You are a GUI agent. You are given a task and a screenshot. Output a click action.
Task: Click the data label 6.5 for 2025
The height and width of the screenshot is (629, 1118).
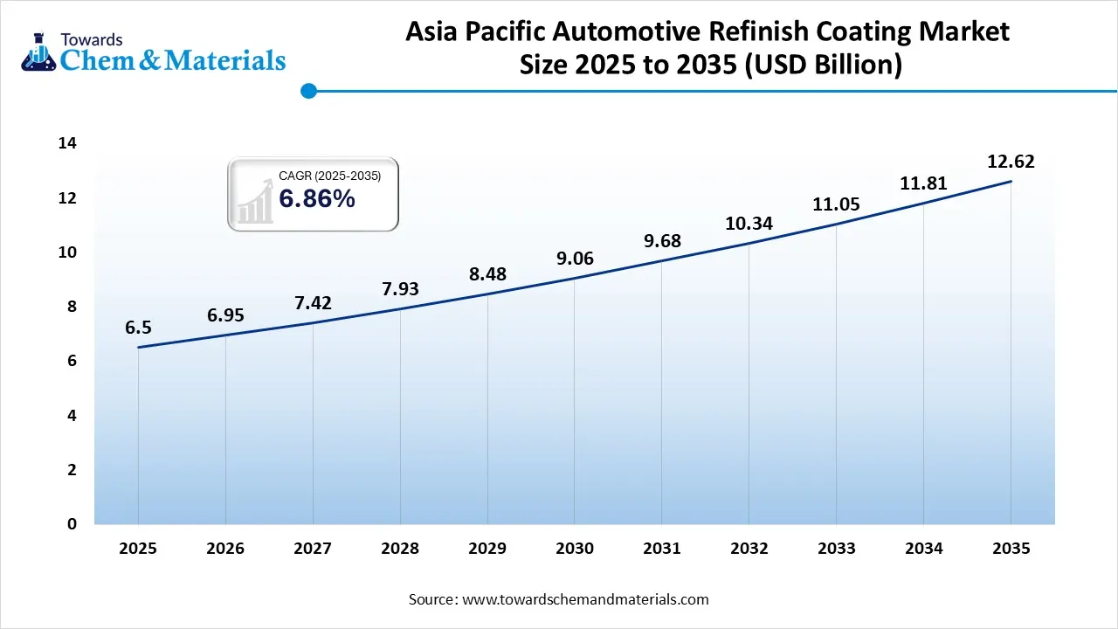click(138, 328)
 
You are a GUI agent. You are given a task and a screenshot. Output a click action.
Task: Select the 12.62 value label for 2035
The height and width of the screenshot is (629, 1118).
click(1011, 162)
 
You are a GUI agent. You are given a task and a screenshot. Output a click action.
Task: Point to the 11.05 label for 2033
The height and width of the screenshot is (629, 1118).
click(836, 204)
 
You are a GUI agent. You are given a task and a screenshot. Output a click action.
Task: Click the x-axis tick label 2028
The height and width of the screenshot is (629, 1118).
click(400, 549)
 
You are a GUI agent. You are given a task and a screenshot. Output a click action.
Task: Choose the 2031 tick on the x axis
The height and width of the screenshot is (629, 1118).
click(662, 549)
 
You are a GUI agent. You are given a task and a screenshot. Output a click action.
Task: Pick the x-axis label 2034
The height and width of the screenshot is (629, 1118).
click(923, 549)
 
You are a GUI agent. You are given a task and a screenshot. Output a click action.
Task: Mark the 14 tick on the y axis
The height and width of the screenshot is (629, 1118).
click(67, 143)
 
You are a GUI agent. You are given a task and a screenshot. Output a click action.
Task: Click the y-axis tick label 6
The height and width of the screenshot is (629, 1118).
click(72, 361)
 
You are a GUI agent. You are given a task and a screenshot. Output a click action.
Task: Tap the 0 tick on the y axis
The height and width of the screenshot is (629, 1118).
click(72, 523)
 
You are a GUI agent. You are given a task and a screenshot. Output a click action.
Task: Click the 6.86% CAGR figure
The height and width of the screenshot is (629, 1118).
click(317, 199)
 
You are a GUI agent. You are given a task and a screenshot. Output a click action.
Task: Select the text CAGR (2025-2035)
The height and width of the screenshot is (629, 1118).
click(329, 176)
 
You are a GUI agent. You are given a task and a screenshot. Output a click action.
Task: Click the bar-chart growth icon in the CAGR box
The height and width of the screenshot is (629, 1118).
click(254, 199)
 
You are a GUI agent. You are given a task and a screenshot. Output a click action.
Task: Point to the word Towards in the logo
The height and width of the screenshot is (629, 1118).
click(92, 39)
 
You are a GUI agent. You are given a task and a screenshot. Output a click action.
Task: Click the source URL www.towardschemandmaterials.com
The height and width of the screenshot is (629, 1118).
click(585, 599)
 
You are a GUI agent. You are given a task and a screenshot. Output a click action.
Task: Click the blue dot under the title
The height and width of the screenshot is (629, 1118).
click(307, 90)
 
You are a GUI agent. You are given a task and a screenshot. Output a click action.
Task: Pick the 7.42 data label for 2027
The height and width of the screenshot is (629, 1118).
click(312, 302)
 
